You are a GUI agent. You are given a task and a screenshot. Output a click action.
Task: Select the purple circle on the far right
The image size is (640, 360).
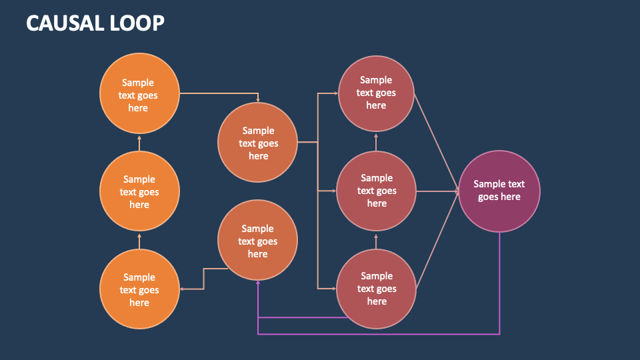499,191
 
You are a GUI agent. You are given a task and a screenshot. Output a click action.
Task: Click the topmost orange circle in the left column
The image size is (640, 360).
139,93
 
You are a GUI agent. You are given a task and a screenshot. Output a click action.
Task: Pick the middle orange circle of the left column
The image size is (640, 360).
139,191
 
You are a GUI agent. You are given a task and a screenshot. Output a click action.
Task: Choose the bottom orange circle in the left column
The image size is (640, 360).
139,289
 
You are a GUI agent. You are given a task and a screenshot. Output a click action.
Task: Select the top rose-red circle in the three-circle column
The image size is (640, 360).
376,93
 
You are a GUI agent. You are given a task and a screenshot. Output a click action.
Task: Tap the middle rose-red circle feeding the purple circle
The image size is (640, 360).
376,191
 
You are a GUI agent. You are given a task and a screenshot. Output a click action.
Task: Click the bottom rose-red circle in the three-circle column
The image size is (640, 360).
376,289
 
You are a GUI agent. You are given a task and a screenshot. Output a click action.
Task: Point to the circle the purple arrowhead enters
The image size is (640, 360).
257,240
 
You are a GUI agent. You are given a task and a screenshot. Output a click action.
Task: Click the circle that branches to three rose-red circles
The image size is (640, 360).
257,143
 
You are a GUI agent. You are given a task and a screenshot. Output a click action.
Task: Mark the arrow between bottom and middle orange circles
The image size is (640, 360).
139,241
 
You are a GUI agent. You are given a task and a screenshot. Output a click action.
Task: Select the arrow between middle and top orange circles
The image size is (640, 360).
139,143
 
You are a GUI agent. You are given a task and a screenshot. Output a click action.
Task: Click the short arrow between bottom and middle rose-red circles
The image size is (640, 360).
376,240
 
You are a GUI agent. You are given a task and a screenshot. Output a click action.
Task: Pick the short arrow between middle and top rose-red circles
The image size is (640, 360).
376,141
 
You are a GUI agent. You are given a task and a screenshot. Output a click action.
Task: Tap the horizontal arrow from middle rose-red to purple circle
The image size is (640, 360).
437,191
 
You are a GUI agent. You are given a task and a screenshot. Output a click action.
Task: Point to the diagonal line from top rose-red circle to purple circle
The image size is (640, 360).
437,142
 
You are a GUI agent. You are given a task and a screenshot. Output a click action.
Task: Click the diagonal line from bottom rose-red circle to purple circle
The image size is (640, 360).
437,240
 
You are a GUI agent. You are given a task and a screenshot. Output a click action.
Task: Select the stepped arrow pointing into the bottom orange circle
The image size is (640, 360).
203,279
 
